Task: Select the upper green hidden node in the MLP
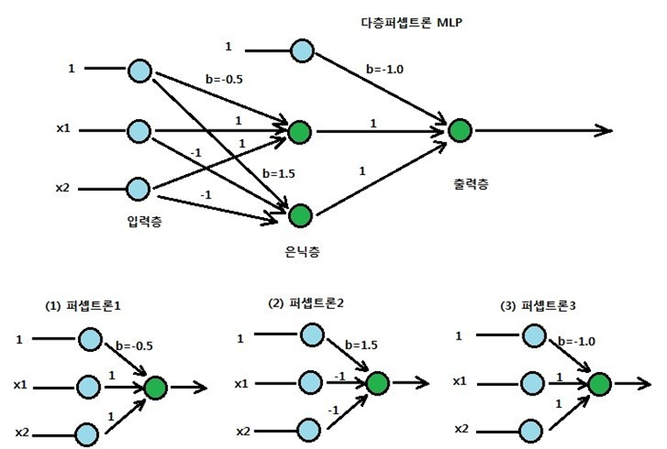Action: [300, 132]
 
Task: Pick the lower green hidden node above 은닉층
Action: [300, 214]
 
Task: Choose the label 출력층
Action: [464, 185]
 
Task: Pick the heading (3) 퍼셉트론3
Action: [536, 306]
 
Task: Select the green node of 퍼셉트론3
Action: [600, 383]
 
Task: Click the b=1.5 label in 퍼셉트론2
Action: [361, 344]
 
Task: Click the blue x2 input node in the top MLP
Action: [139, 189]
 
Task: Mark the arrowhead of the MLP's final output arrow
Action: [604, 131]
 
